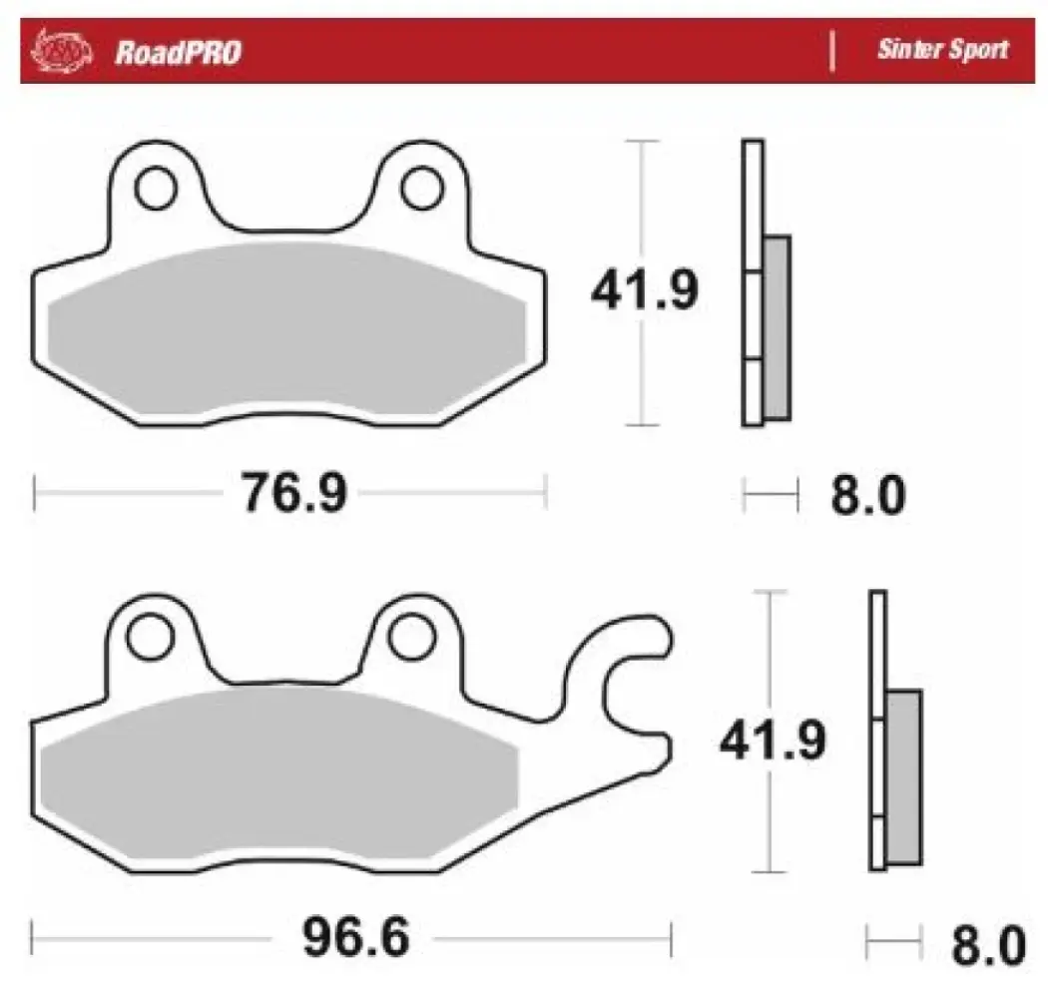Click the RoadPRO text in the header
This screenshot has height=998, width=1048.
pyautogui.click(x=178, y=52)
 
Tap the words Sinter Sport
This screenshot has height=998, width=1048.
pyautogui.click(x=941, y=50)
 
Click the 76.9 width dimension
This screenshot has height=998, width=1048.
pyautogui.click(x=292, y=493)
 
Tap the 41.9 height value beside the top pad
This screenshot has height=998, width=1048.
pyautogui.click(x=644, y=291)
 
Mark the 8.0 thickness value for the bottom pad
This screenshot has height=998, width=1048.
pyautogui.click(x=987, y=942)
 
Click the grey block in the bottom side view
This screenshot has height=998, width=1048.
pyautogui.click(x=903, y=776)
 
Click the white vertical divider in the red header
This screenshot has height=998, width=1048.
pyautogui.click(x=833, y=51)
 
